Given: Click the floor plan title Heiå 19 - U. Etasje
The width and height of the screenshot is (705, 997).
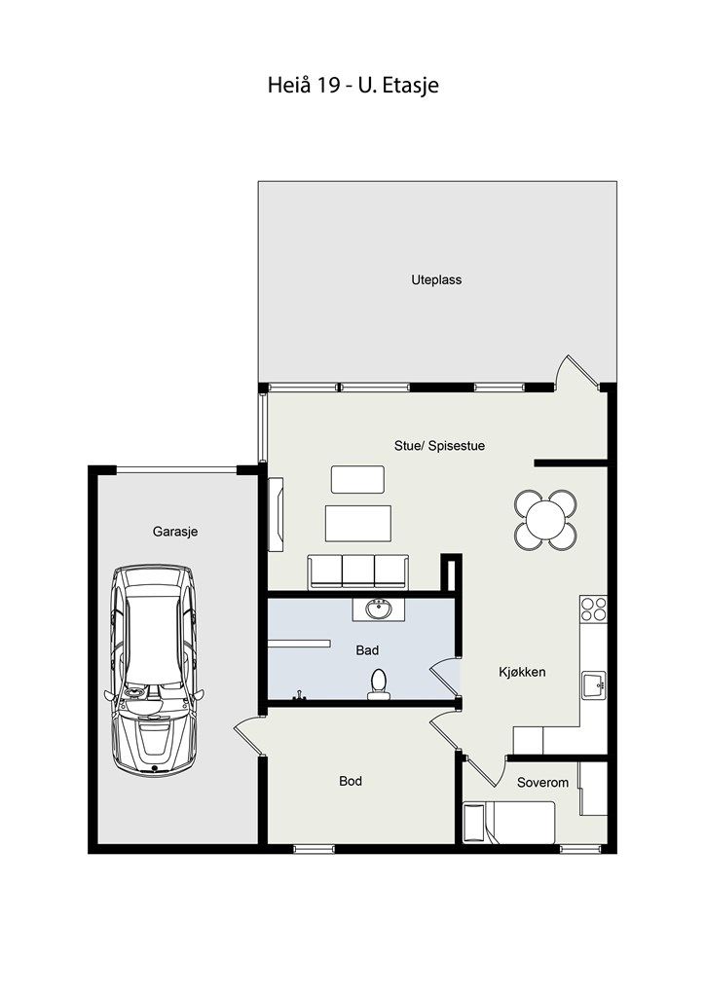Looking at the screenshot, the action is point(352,86).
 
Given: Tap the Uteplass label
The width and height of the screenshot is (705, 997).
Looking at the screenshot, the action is point(436,279).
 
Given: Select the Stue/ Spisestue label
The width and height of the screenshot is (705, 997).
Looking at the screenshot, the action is point(439,446).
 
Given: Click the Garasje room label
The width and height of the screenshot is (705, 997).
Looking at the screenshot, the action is point(175,532).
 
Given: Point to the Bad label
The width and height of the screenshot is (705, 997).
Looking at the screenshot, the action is point(367,650).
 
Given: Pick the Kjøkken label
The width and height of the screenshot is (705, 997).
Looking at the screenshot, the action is point(522,672).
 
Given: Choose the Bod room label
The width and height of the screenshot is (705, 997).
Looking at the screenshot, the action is point(351,781).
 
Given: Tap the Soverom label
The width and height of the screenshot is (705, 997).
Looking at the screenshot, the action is point(542,783).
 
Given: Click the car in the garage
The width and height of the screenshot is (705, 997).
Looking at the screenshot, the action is point(153,670).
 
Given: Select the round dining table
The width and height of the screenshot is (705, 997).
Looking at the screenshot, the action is point(545,520).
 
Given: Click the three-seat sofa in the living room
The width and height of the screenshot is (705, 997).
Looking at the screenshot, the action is point(358,572).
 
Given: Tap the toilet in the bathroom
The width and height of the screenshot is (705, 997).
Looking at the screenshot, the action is point(378,684).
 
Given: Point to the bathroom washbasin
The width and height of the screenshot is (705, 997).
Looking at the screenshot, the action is point(379,609).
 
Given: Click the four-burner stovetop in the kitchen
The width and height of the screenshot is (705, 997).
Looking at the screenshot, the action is point(593,609).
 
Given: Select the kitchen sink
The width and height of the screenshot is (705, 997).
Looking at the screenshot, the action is point(594,685).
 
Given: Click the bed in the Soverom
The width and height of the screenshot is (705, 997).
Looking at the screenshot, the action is point(509,822).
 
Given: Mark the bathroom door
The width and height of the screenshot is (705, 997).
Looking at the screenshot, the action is point(445,678).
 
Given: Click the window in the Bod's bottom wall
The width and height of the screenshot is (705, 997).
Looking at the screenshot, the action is point(315,848).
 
